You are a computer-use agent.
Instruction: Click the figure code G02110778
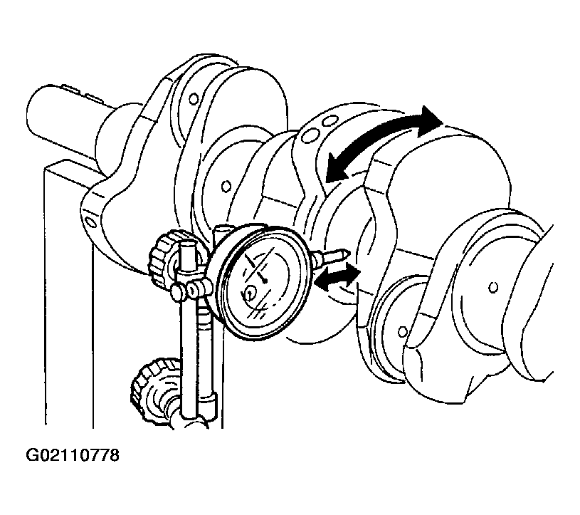[73, 455]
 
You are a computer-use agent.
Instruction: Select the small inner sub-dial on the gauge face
[251, 293]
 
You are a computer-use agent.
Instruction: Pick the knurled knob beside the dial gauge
[164, 259]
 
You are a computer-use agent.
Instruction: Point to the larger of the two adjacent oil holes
[309, 135]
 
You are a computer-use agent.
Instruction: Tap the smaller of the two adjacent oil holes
[331, 120]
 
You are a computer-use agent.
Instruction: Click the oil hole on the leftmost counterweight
[90, 222]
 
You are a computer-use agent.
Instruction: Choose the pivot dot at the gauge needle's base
[265, 282]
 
